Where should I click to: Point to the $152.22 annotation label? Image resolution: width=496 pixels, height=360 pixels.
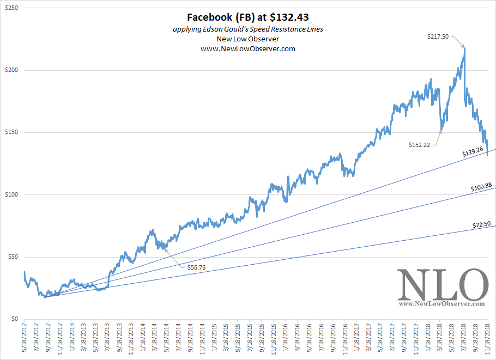(x=420, y=144)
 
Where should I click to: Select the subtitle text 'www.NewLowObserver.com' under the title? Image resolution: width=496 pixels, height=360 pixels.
(x=248, y=49)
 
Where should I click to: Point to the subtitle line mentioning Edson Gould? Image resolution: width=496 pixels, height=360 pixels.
(x=248, y=29)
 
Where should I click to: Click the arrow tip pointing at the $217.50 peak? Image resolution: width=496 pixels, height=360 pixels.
(x=464, y=47)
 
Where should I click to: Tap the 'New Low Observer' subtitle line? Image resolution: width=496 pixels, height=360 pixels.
(x=248, y=39)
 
